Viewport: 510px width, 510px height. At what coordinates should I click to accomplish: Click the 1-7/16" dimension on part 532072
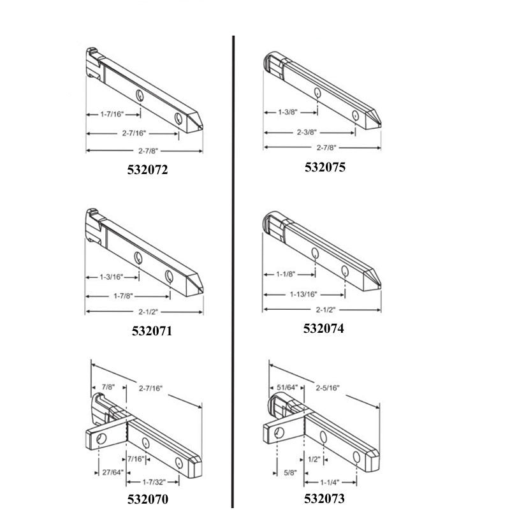pyautogui.click(x=112, y=114)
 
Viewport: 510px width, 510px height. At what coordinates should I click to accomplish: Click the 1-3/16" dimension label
pyautogui.click(x=111, y=277)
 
